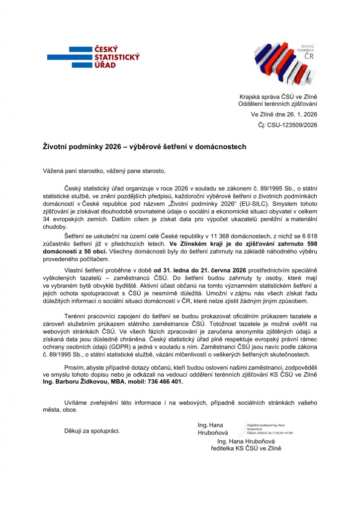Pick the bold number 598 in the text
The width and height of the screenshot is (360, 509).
308,244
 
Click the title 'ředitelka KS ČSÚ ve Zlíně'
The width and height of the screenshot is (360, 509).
247,448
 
